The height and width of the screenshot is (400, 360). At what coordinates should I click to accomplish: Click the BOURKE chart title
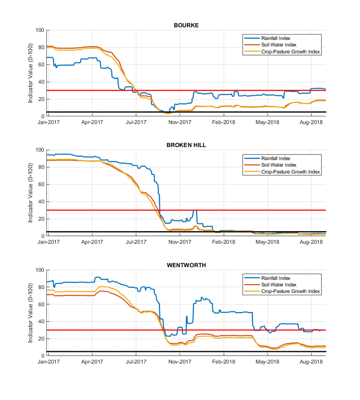186,25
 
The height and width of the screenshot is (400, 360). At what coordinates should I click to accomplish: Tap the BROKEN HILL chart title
186,145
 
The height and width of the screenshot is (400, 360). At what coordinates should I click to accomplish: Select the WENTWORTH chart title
186,265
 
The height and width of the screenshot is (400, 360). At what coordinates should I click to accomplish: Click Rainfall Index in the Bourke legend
276,38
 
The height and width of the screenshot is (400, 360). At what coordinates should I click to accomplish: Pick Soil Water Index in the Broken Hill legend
279,165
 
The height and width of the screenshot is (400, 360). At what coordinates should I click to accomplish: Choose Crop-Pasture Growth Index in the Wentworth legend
291,291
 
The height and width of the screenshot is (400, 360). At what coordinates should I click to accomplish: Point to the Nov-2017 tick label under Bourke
180,122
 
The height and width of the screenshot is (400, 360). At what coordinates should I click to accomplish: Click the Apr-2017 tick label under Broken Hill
92,242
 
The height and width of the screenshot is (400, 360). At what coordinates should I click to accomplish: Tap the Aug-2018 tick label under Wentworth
311,362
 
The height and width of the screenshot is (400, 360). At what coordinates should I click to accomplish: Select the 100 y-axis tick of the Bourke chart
40,30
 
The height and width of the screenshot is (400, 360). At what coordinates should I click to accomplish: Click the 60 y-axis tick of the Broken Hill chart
41,184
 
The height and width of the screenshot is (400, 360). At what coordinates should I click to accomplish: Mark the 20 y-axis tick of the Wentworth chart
41,338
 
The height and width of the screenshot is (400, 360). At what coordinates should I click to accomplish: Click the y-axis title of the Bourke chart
30,73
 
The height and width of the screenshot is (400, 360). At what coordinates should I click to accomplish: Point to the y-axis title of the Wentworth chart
30,313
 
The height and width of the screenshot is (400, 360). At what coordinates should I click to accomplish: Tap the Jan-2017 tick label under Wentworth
49,362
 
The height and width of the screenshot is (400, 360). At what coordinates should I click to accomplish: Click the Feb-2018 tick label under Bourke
224,122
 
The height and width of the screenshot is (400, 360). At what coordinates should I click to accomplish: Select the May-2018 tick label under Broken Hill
267,242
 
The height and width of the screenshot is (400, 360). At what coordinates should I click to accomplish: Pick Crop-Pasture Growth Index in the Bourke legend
291,52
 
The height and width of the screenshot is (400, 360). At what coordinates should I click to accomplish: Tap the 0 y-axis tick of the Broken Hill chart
43,236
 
